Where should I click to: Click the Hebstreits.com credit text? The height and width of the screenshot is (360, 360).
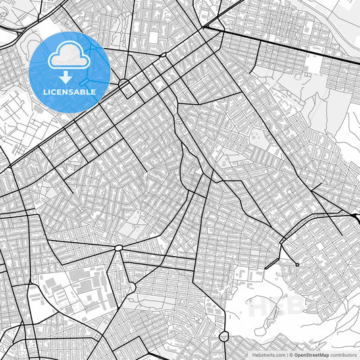click(x=269, y=354)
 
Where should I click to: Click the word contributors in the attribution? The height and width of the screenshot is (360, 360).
click(x=344, y=354)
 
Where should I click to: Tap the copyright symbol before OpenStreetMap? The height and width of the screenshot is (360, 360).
click(x=291, y=354)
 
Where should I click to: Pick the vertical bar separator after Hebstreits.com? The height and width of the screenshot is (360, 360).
click(x=287, y=354)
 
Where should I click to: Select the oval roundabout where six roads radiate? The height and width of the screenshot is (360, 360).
click(x=119, y=248)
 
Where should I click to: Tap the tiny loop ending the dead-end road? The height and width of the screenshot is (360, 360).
click(x=297, y=264)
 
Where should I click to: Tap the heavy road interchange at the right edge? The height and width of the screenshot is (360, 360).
click(x=355, y=217)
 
